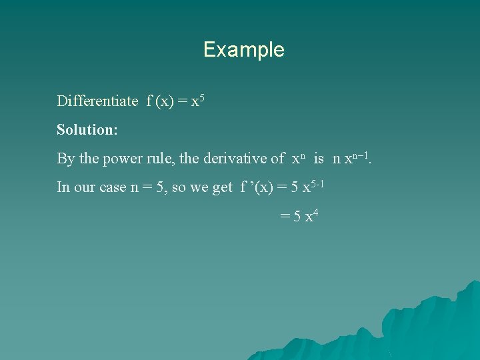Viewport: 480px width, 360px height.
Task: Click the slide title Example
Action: pyautogui.click(x=243, y=50)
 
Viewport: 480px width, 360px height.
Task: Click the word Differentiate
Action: pyautogui.click(x=97, y=101)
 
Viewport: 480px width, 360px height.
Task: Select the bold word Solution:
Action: pyautogui.click(x=87, y=130)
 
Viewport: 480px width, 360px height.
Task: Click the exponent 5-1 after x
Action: pyautogui.click(x=315, y=183)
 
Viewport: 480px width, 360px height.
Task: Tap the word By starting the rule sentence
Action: pyautogui.click(x=66, y=159)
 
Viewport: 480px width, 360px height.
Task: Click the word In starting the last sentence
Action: pyautogui.click(x=63, y=187)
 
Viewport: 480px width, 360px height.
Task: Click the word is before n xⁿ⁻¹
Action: pyautogui.click(x=319, y=159)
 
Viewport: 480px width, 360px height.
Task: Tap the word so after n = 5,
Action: pyautogui.click(x=179, y=188)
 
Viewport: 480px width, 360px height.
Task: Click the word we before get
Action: pyautogui.click(x=200, y=188)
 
